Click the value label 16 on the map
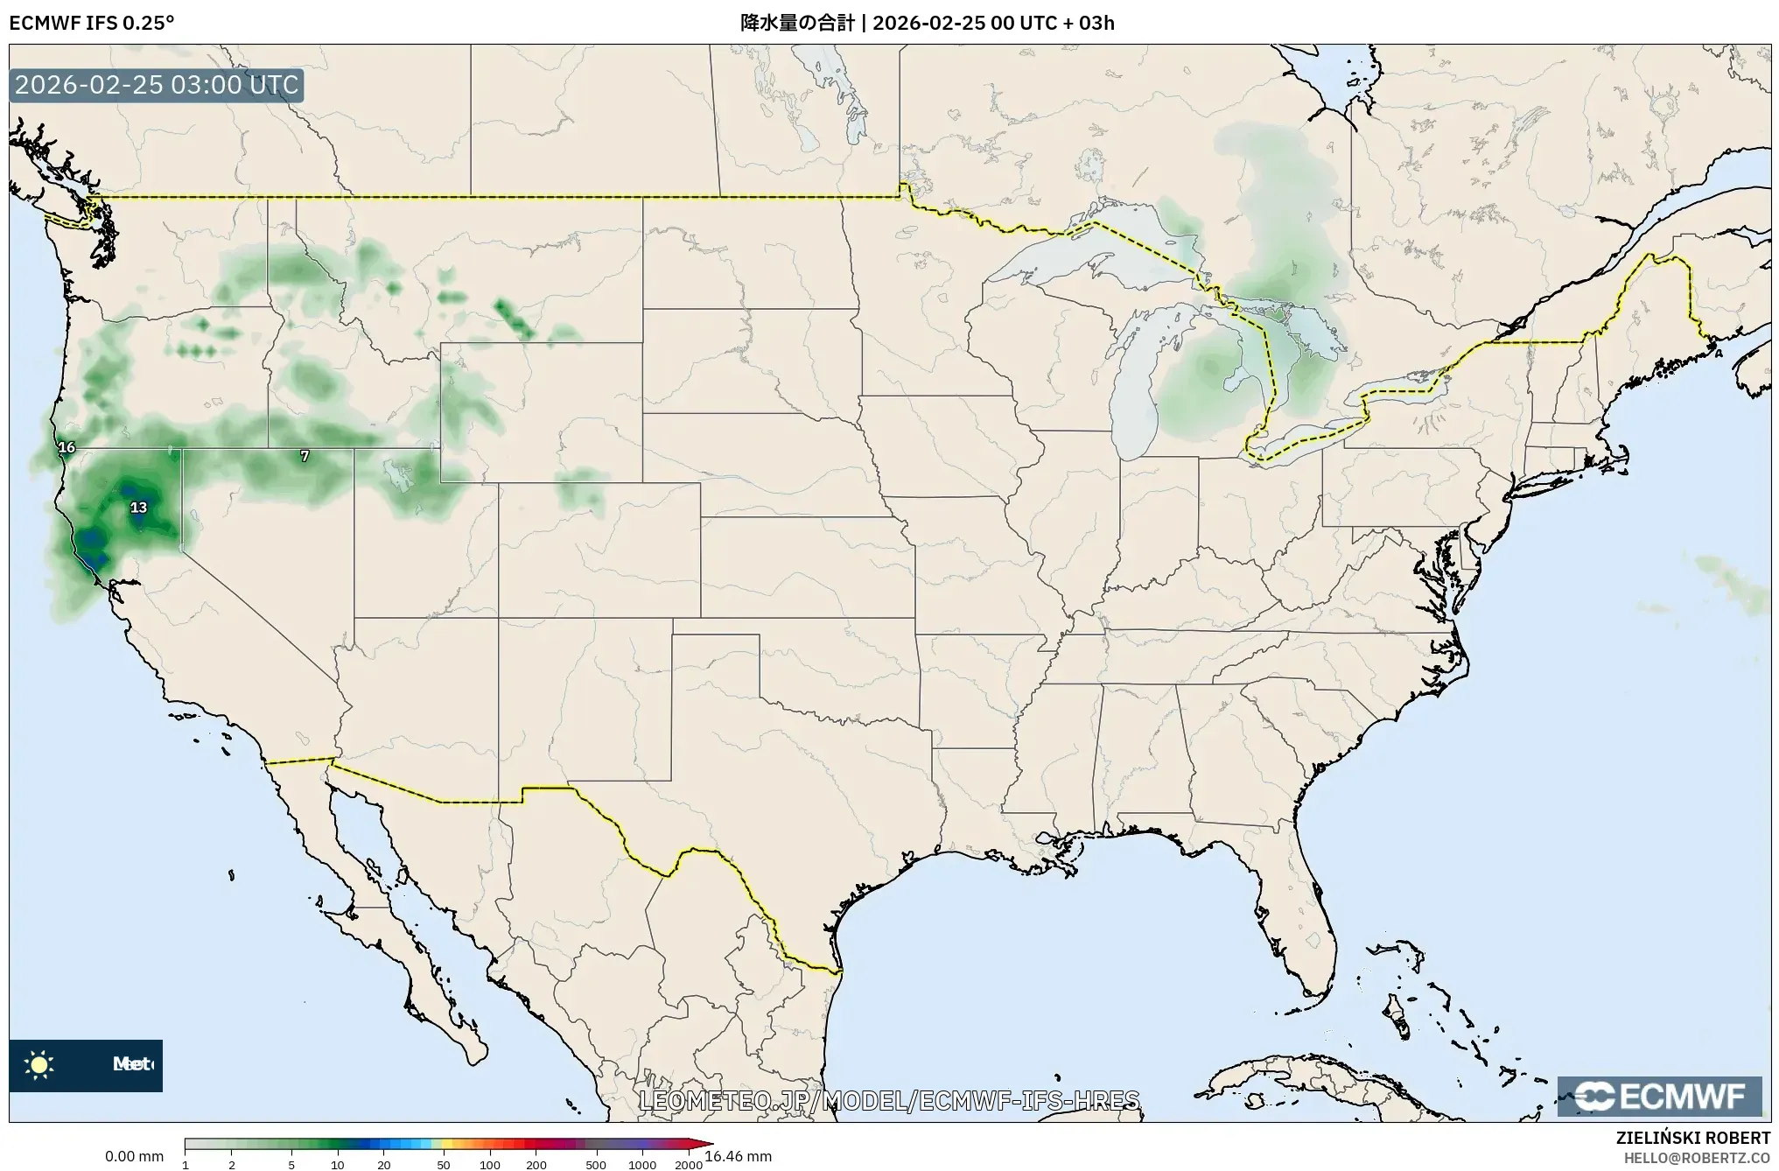click(x=67, y=447)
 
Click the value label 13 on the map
click(x=138, y=507)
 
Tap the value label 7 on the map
click(x=305, y=456)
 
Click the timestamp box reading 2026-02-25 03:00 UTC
click(x=157, y=85)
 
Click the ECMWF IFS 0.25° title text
click(x=91, y=23)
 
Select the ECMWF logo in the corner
click(x=1659, y=1096)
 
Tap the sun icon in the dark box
click(x=39, y=1064)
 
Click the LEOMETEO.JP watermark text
click(x=889, y=1100)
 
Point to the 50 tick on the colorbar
click(x=444, y=1164)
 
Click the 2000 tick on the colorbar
click(x=689, y=1164)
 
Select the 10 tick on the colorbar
click(x=338, y=1164)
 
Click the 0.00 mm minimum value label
click(x=134, y=1157)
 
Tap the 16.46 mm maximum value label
click(x=738, y=1157)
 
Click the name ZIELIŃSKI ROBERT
click(x=1692, y=1138)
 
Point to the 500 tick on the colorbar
click(x=596, y=1164)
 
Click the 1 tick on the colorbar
click(x=186, y=1164)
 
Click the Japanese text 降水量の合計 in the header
click(x=797, y=23)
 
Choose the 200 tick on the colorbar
click(x=536, y=1164)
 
